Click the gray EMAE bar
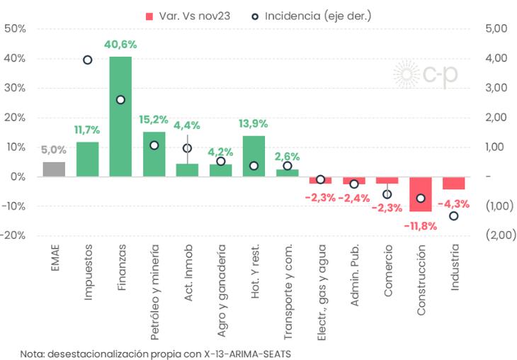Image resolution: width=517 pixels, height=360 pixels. (54, 169)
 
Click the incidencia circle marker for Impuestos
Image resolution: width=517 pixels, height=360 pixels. (87, 60)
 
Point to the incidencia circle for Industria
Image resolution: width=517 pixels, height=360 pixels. (454, 216)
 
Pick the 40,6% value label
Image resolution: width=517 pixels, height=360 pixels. (120, 45)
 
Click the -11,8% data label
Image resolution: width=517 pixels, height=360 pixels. (421, 225)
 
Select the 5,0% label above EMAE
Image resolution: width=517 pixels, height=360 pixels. (54, 150)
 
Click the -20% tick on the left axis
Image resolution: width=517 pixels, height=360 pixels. (15, 235)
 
